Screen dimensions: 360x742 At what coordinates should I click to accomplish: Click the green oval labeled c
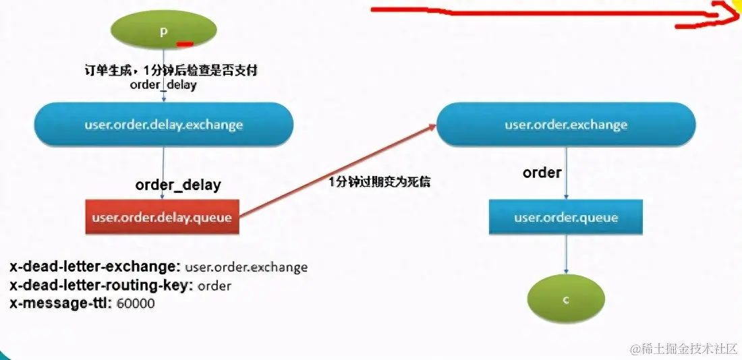567,299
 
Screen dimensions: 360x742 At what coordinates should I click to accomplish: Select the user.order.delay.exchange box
164,125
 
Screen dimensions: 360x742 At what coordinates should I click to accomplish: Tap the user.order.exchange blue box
566,125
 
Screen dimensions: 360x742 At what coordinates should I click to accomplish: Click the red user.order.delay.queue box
162,217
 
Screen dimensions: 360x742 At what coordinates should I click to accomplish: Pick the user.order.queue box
566,218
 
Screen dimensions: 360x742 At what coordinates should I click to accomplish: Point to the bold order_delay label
178,185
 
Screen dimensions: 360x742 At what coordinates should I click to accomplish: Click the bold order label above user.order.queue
542,173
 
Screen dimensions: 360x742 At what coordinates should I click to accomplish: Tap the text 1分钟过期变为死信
379,182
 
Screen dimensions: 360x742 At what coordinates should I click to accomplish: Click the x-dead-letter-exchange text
95,267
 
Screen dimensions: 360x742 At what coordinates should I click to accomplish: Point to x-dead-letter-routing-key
101,285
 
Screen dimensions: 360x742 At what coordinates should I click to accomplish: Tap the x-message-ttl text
60,303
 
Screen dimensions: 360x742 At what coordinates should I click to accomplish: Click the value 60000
136,304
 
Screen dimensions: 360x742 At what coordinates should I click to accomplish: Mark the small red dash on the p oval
185,44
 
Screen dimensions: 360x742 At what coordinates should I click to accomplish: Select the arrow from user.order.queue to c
566,258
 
